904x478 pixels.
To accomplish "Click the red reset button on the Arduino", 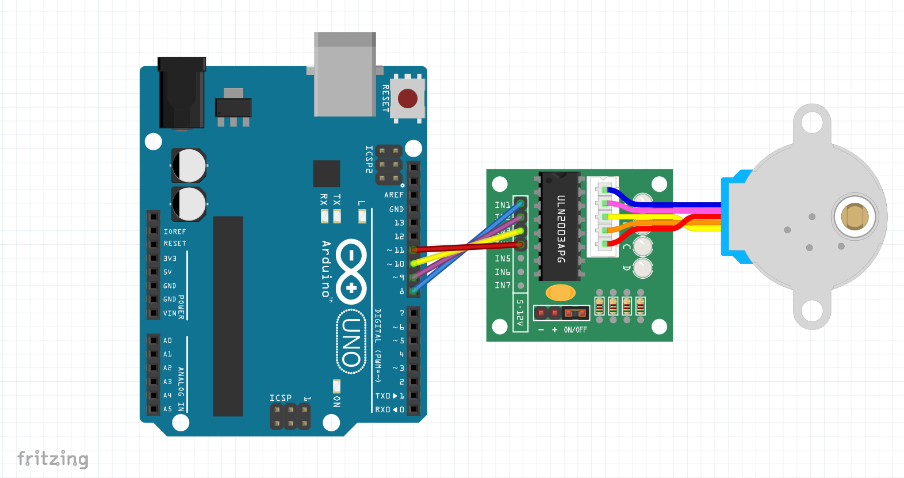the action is [x=408, y=98].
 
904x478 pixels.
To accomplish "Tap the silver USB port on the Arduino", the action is [x=345, y=75].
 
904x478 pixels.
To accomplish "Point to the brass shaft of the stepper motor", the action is [x=855, y=217].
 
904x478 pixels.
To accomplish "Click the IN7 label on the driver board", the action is [x=503, y=285].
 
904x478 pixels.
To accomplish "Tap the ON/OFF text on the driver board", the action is [x=575, y=330].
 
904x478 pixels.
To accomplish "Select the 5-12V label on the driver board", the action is [x=520, y=313].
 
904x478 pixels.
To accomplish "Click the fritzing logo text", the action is [x=53, y=459].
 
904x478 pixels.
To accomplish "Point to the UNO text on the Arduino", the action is [x=351, y=342].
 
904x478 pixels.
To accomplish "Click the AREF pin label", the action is [x=394, y=195].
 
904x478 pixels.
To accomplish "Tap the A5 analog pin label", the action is [x=167, y=409].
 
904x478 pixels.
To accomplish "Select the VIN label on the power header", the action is [x=170, y=313].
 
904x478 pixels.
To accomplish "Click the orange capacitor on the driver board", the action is [x=560, y=293].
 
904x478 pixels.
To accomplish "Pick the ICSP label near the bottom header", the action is [x=281, y=398].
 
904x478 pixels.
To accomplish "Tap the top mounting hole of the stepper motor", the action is [x=811, y=122].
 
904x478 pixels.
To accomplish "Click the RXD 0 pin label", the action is [x=389, y=409].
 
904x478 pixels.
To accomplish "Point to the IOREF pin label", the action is [x=175, y=232].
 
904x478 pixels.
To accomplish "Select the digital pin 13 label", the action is [x=399, y=223].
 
